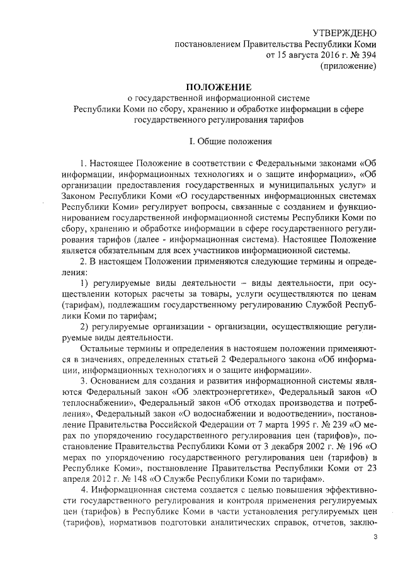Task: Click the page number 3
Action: [376, 536]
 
